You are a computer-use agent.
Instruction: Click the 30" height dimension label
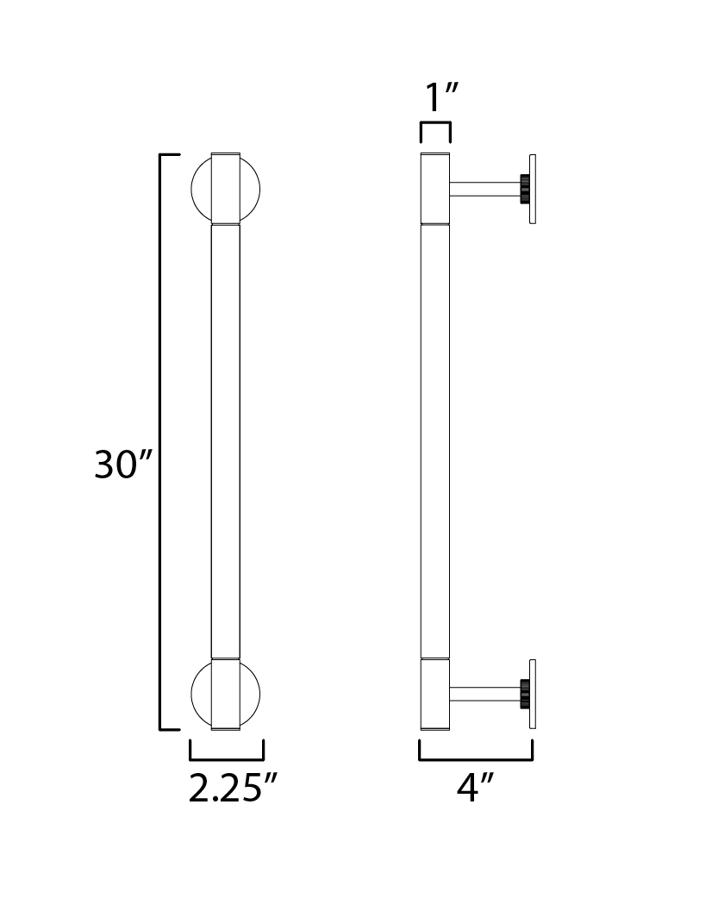(123, 464)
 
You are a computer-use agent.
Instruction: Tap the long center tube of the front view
(225, 441)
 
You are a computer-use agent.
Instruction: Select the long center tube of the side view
(435, 441)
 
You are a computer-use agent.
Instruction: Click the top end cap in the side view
(435, 188)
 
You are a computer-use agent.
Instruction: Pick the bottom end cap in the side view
(435, 694)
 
